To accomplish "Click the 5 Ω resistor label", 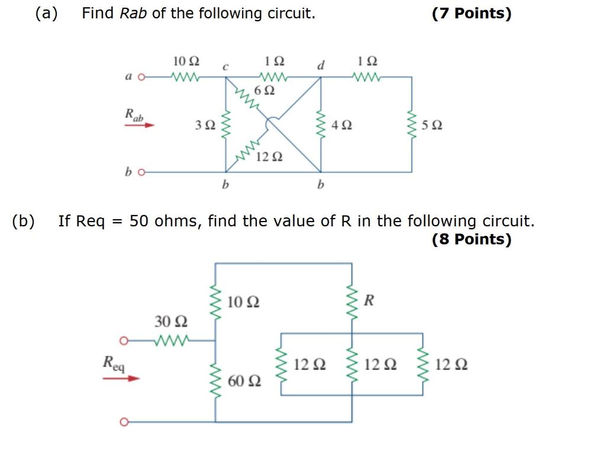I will coord(433,125).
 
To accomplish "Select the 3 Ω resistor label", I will coord(205,125).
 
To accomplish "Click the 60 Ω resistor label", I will coord(244,381).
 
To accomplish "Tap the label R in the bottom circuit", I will coord(369,300).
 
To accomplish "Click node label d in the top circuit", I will coord(321,65).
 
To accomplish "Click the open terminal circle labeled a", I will coord(141,77).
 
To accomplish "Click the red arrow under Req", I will coord(121,377).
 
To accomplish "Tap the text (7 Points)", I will coord(471,14).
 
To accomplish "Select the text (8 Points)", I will coord(471,239).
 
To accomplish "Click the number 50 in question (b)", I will coord(138,222).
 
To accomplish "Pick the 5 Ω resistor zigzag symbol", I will coord(412,124).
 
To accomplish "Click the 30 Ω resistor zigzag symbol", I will coord(171,341).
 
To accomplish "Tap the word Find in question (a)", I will coord(98,14).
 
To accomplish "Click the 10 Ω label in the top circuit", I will coord(186,62).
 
